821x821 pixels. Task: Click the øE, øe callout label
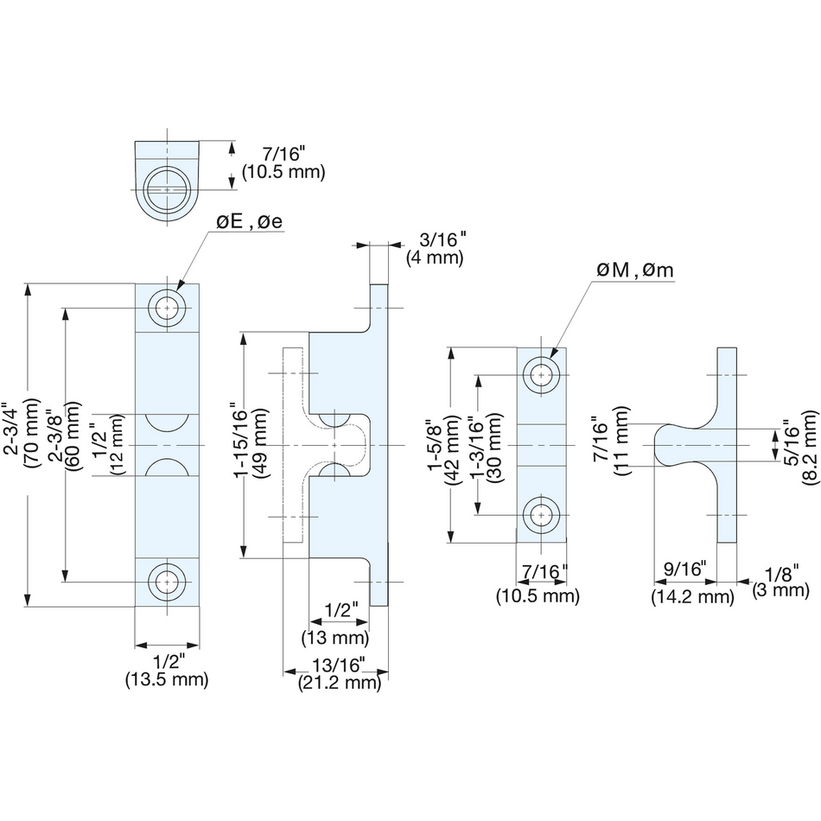(x=249, y=221)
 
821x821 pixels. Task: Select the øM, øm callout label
(x=634, y=271)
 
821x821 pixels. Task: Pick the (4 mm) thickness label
(x=435, y=258)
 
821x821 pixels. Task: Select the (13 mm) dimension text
(x=335, y=639)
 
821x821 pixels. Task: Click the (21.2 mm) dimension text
(x=340, y=683)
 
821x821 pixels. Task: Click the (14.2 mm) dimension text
(x=691, y=596)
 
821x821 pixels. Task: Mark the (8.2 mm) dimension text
(x=809, y=444)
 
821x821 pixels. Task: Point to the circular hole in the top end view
(x=165, y=188)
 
